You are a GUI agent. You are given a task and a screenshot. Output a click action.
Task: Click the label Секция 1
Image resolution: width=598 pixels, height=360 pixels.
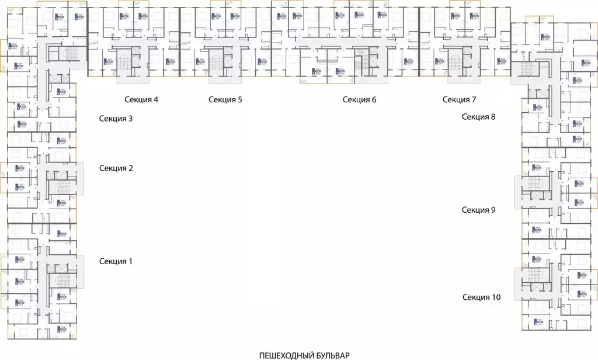116,261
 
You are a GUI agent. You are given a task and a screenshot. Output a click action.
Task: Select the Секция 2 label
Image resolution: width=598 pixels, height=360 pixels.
116,168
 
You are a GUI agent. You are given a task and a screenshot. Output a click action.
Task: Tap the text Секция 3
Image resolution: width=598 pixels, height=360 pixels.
116,119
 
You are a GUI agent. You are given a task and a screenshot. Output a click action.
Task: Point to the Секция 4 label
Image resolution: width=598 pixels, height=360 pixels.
141,99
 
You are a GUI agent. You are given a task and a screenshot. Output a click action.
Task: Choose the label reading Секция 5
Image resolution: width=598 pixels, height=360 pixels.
225,99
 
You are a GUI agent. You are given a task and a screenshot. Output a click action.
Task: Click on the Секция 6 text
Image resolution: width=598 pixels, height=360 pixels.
360,99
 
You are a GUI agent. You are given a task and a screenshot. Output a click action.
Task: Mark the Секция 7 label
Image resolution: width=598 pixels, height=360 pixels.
460,99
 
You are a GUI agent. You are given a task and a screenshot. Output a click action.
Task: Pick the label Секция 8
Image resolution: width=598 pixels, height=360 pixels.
478,116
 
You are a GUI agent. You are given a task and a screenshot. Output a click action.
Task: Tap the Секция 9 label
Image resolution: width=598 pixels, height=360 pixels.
478,210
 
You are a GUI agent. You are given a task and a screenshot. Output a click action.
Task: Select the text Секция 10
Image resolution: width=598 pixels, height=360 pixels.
481,297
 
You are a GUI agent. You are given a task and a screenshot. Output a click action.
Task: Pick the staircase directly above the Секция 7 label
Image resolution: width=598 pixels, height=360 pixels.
455,62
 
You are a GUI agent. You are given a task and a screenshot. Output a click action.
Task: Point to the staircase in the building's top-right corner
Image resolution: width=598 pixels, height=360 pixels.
527,69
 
